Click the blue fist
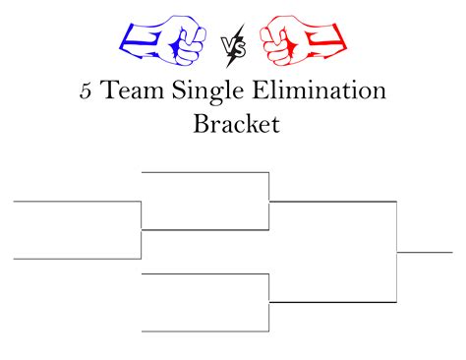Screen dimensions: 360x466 (163, 40)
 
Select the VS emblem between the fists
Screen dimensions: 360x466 (233, 44)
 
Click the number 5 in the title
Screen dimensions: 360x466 (87, 91)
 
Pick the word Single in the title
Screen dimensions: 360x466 (215, 93)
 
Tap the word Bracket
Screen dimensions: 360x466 (232, 125)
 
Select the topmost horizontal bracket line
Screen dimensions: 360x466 (205, 172)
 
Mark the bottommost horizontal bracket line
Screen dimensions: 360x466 (205, 331)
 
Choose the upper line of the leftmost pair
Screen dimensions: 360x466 (77, 202)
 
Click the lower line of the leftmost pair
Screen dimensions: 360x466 (77, 259)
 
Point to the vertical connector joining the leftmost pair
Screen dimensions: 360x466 (142, 230)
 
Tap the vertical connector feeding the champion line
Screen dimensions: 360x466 (396, 252)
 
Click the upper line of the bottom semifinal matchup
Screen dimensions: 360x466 (205, 273)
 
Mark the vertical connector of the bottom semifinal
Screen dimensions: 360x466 (269, 302)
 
